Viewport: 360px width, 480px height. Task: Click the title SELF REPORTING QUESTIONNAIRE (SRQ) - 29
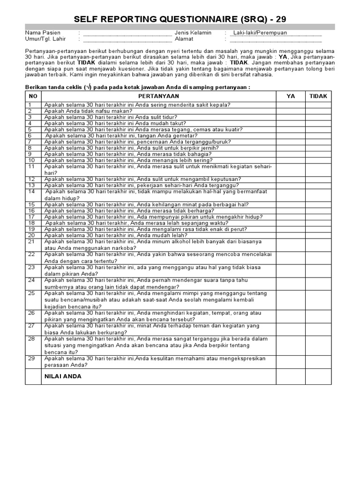[x=180, y=19]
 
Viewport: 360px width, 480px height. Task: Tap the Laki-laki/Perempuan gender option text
[x=260, y=33]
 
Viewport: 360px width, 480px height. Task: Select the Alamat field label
[x=184, y=39]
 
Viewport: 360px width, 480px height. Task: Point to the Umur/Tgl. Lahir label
[x=45, y=39]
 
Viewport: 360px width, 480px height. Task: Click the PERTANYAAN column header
[x=158, y=96]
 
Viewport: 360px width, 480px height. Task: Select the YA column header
[x=291, y=96]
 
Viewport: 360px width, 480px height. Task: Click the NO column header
[x=33, y=96]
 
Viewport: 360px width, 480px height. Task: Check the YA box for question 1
[x=291, y=105]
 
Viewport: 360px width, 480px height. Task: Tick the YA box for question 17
[x=291, y=217]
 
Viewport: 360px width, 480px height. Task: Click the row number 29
[x=32, y=359]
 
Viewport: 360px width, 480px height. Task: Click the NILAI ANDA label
[x=63, y=376]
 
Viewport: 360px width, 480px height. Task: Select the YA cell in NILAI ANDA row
[x=291, y=376]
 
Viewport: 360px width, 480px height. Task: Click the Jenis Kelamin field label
[x=193, y=33]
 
